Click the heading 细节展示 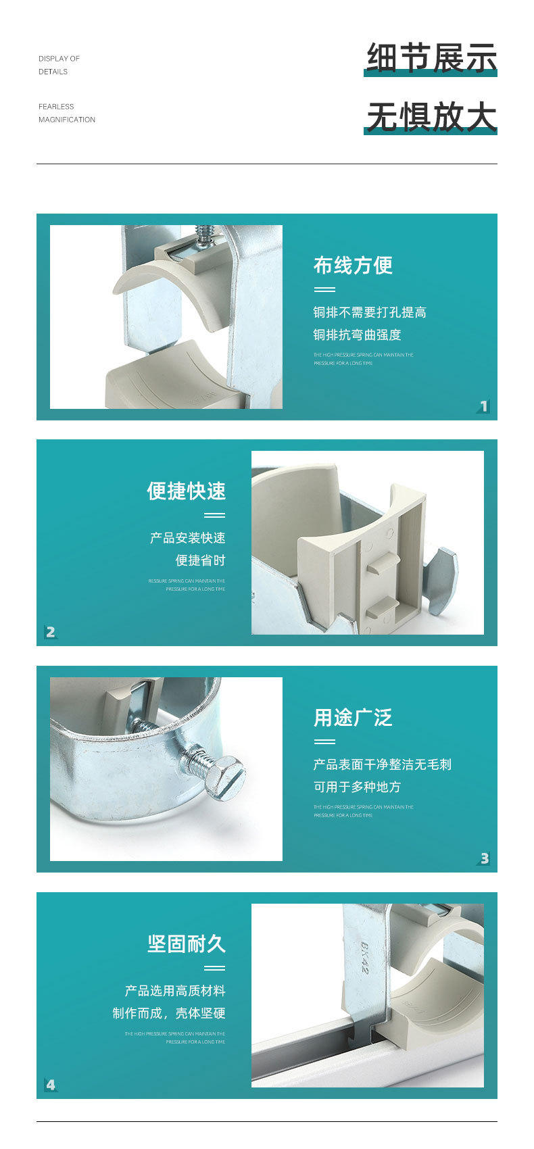point(431,57)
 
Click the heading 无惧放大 point(431,116)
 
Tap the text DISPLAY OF point(59,59)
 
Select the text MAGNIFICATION point(67,120)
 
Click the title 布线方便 point(353,266)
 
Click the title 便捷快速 point(186,491)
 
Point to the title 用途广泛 point(353,718)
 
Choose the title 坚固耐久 point(186,944)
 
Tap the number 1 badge point(483,406)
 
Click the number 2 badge point(51,632)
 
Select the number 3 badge point(483,858)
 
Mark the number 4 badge point(51,1085)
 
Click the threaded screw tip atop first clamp point(204,233)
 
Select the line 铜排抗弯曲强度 point(357,335)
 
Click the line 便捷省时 point(200,560)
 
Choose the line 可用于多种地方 point(357,787)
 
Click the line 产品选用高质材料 point(175,991)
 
